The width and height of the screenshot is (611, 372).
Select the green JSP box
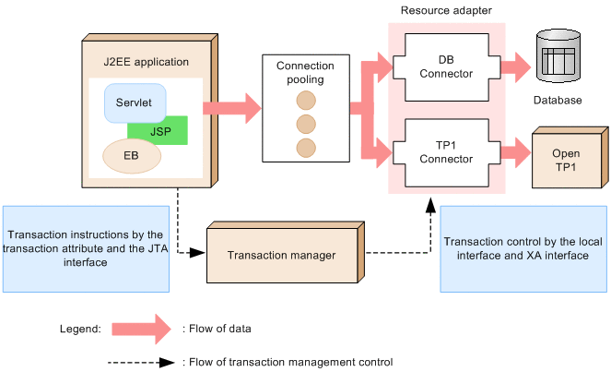click(162, 133)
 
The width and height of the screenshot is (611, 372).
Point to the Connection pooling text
click(305, 73)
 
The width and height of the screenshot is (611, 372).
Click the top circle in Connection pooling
click(305, 100)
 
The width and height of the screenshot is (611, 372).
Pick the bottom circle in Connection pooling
click(305, 148)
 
